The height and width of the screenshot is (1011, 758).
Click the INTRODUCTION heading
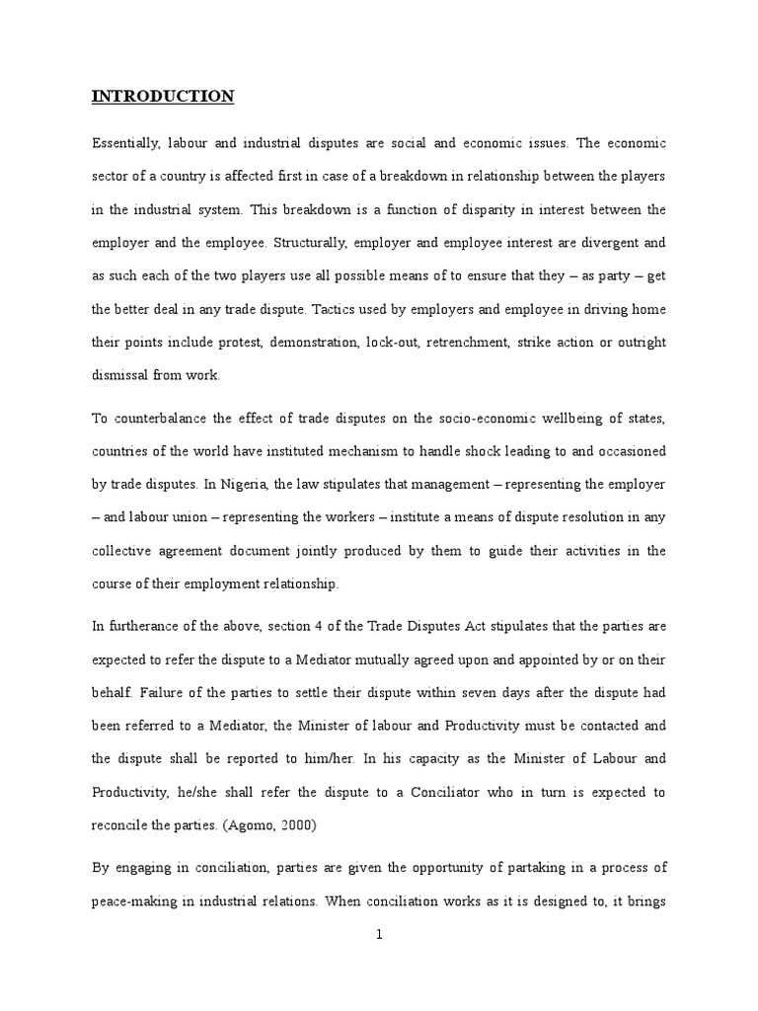click(163, 97)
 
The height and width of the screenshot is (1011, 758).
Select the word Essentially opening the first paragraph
click(126, 143)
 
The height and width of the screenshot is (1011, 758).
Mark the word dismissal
click(121, 375)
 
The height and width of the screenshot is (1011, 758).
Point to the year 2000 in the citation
click(316, 825)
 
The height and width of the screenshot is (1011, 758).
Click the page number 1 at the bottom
click(379, 966)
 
